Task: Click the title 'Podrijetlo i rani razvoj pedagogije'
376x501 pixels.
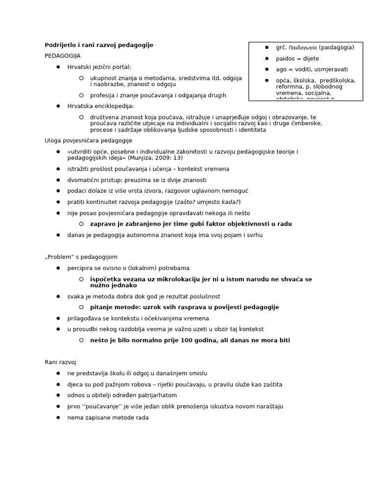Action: coord(99,45)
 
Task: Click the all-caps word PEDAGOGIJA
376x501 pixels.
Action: coord(63,56)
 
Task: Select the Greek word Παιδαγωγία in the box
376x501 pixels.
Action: coord(303,47)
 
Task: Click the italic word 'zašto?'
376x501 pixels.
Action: coord(187,202)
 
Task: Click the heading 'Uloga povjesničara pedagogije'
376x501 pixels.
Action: coord(89,140)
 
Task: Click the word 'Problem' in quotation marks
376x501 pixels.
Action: coord(60,257)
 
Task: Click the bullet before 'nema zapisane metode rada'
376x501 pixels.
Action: coord(58,418)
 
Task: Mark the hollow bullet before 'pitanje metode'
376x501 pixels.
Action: coord(81,307)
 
